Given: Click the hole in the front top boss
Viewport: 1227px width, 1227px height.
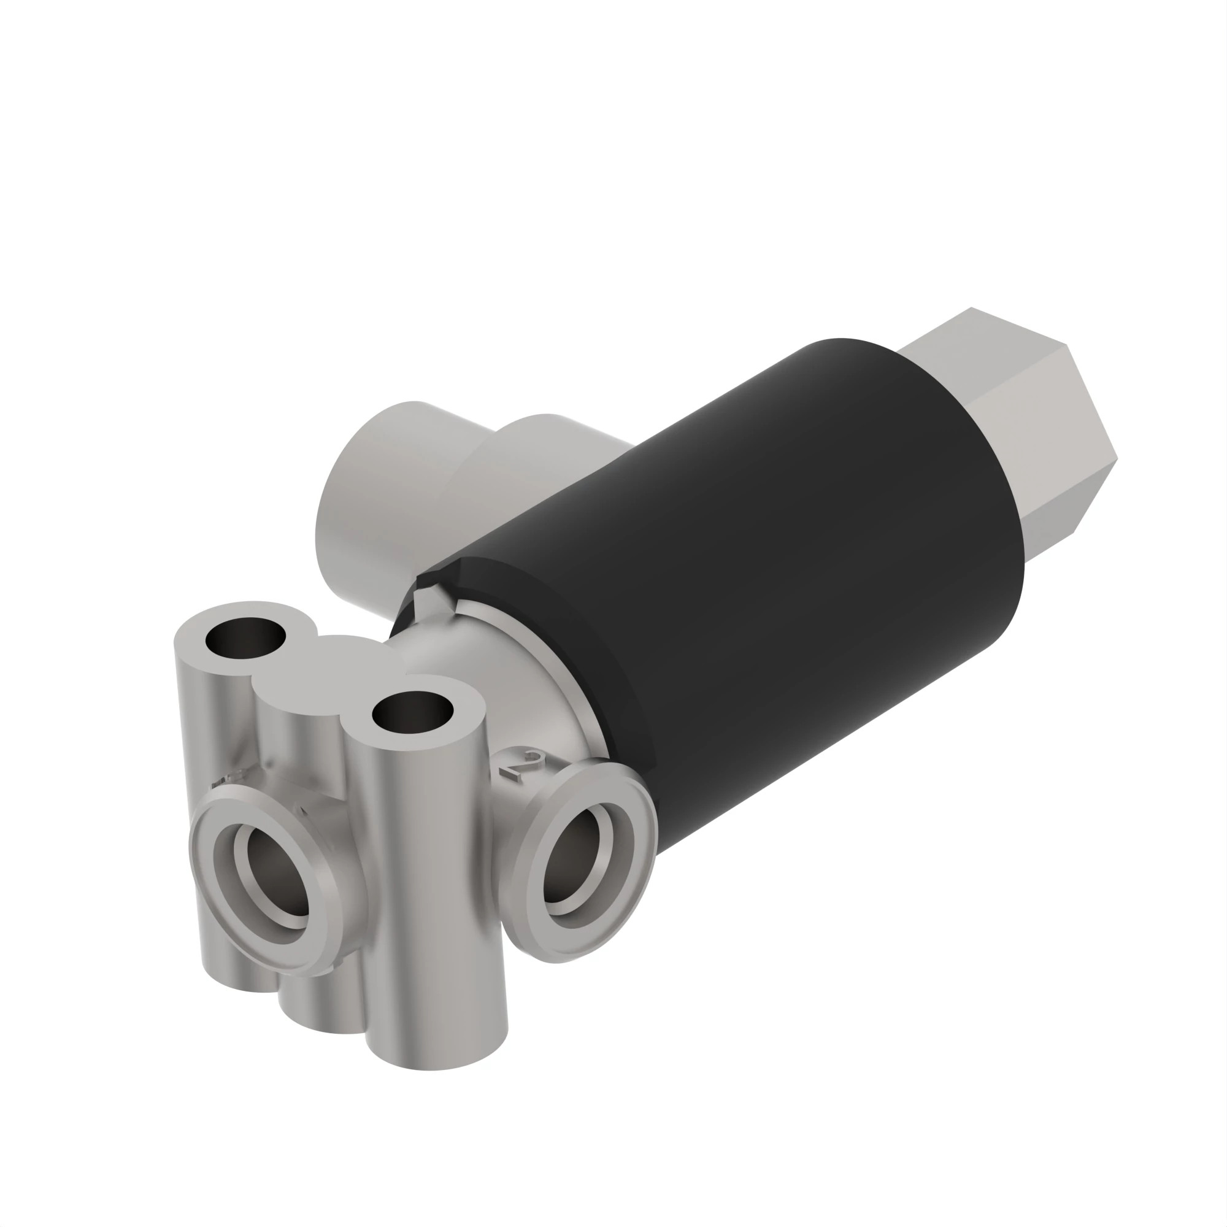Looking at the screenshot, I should (413, 712).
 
